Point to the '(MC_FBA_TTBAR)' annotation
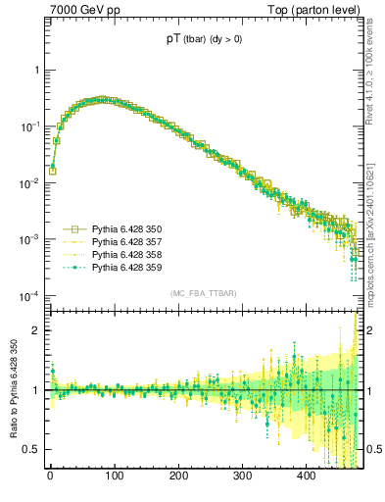[202, 293]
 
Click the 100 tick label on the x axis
[114, 477]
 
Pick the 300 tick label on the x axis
[242, 477]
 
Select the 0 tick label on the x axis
[50, 477]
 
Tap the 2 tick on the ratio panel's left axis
[38, 330]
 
